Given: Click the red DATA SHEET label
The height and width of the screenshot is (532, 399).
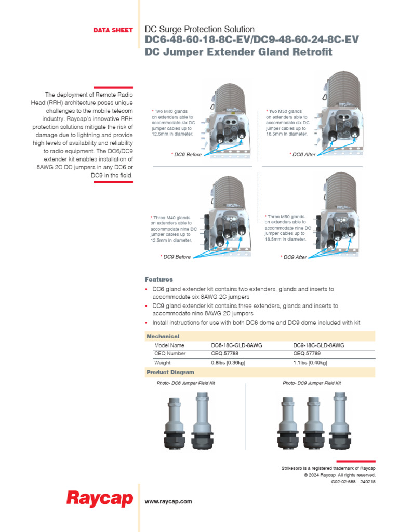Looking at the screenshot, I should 113,30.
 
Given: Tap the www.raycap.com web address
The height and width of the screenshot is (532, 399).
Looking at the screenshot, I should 168,501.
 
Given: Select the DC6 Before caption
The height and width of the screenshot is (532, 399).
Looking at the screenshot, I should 188,155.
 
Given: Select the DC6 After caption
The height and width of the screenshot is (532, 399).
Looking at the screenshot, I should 304,155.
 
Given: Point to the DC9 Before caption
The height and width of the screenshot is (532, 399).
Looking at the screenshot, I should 176,257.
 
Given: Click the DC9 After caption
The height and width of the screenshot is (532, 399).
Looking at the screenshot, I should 295,257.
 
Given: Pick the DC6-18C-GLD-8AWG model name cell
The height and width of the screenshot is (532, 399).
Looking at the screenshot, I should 233,345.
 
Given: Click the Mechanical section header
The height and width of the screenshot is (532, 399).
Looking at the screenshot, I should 163,336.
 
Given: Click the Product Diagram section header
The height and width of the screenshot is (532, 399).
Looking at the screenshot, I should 170,372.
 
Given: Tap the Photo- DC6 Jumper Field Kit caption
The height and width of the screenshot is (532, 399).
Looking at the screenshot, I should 185,383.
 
